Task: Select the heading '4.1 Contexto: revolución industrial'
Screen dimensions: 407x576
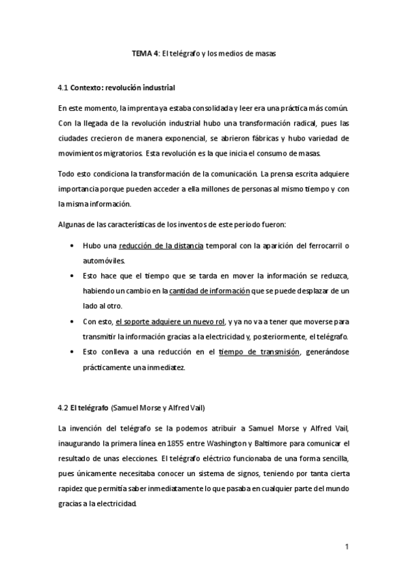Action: (x=118, y=88)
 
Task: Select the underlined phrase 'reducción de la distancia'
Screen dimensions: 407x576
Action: (x=160, y=245)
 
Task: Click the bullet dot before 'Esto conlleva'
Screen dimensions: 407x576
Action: (x=72, y=352)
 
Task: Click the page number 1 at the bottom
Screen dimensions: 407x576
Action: (x=347, y=546)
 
